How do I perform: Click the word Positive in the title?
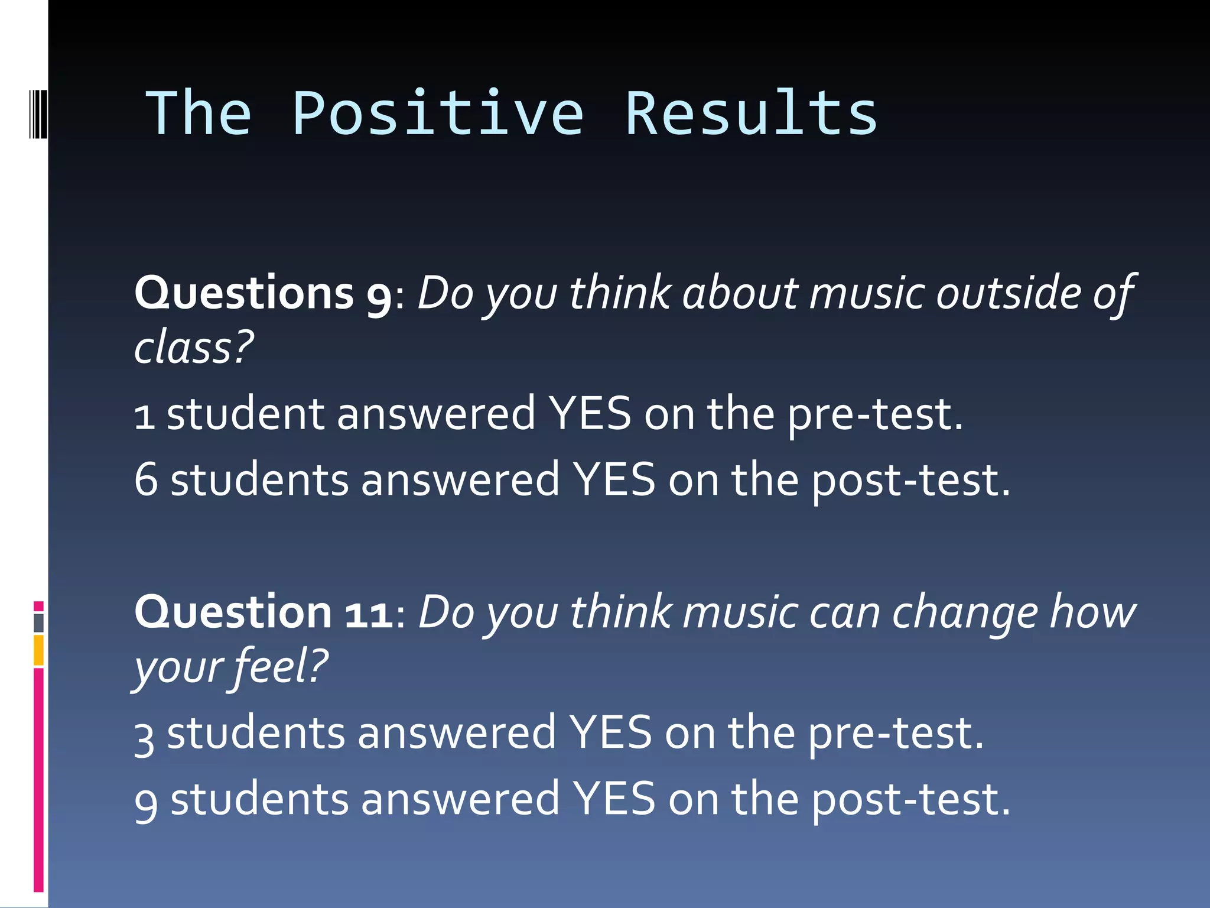point(438,113)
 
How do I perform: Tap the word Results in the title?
point(751,113)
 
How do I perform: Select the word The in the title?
point(199,113)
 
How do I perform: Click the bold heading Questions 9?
point(262,293)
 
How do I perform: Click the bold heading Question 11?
point(263,612)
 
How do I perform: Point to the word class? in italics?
point(194,348)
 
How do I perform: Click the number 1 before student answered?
point(144,415)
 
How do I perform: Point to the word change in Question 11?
point(965,612)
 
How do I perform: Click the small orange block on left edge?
point(38,650)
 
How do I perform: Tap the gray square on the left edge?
point(38,623)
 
